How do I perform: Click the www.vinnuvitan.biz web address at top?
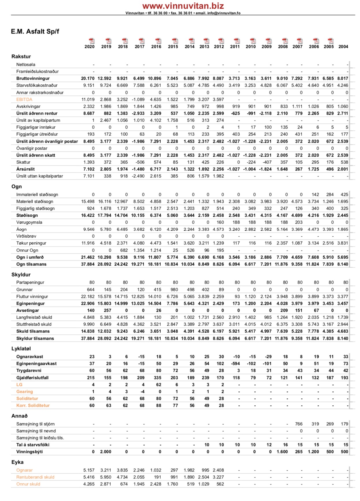point(183,6)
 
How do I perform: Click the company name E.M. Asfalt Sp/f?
point(35,31)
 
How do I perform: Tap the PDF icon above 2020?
point(92,41)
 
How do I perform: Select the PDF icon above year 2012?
point(221,41)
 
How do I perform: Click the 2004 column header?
point(343,47)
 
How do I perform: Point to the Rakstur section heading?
point(21,57)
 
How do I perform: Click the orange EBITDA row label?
point(24,99)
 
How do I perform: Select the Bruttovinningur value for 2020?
point(88,79)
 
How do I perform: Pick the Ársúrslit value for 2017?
point(139,169)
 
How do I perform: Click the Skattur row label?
point(23,162)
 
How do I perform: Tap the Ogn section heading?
point(16,187)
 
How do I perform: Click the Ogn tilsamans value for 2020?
point(88,264)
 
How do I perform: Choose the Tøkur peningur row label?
point(31,243)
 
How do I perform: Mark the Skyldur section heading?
point(21,275)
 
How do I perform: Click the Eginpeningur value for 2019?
point(104,304)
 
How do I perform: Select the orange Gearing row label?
point(25,392)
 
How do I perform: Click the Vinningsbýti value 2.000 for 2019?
point(106,452)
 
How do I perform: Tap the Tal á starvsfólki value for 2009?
point(269,445)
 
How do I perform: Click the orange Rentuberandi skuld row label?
point(35,477)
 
